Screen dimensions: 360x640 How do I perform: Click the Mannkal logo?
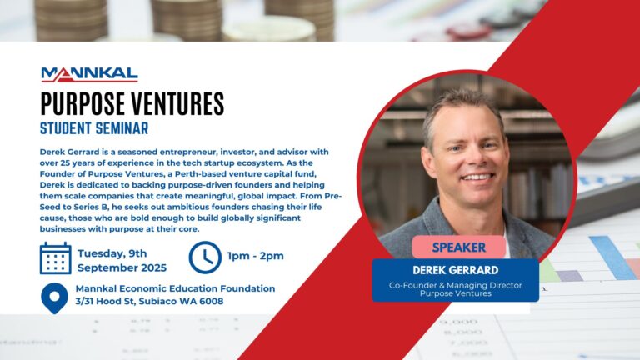click(x=89, y=74)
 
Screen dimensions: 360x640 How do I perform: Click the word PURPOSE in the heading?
click(x=81, y=104)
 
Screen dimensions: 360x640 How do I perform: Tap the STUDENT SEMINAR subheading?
click(x=94, y=128)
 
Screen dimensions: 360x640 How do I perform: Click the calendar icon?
click(x=55, y=258)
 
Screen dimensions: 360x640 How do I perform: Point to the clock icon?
click(x=205, y=257)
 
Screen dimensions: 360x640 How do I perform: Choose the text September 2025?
click(x=122, y=267)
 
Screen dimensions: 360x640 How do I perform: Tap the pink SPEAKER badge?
click(x=458, y=247)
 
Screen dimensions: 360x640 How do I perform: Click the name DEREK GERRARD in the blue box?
click(x=455, y=271)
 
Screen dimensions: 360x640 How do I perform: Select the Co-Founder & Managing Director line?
click(x=455, y=285)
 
